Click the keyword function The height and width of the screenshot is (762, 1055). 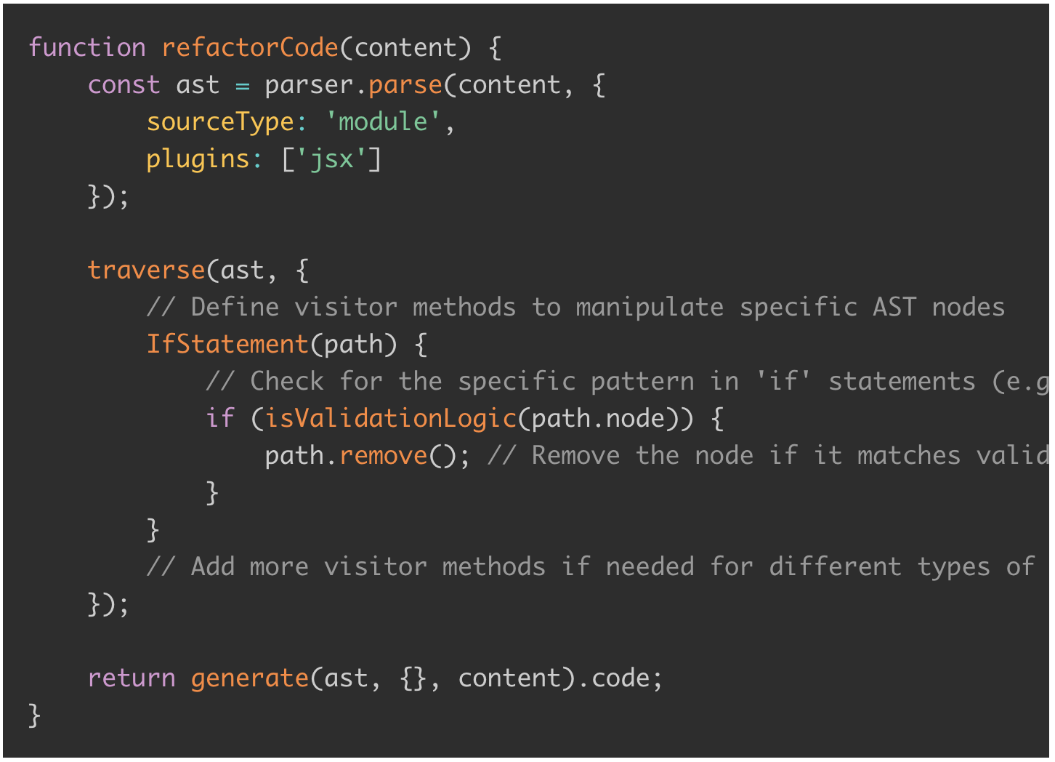pyautogui.click(x=87, y=47)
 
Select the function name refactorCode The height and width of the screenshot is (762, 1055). pyautogui.click(x=250, y=47)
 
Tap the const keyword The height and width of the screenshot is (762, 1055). pyautogui.click(x=124, y=85)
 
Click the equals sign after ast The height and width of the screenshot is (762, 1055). pyautogui.click(x=243, y=86)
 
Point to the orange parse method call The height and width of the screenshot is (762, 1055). pyautogui.click(x=405, y=86)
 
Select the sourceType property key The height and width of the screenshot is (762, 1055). pyautogui.click(x=220, y=122)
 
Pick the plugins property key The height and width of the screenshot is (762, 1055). pyautogui.click(x=198, y=159)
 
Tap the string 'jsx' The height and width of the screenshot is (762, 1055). pyautogui.click(x=331, y=159)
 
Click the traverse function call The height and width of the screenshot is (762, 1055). pyautogui.click(x=147, y=270)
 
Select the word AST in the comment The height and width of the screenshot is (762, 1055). pyautogui.click(x=894, y=307)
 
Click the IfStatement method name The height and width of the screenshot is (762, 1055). pyautogui.click(x=228, y=344)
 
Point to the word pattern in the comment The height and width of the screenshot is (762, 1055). pyautogui.click(x=642, y=382)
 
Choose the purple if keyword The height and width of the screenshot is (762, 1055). pyautogui.click(x=220, y=417)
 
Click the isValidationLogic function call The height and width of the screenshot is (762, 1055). pyautogui.click(x=391, y=419)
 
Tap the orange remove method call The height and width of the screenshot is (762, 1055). pyautogui.click(x=384, y=456)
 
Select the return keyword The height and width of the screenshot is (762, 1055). pyautogui.click(x=132, y=678)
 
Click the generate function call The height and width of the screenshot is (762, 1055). pyautogui.click(x=250, y=679)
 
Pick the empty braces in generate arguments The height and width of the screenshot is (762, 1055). pyautogui.click(x=413, y=679)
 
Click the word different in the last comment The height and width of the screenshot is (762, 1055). pyautogui.click(x=835, y=566)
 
